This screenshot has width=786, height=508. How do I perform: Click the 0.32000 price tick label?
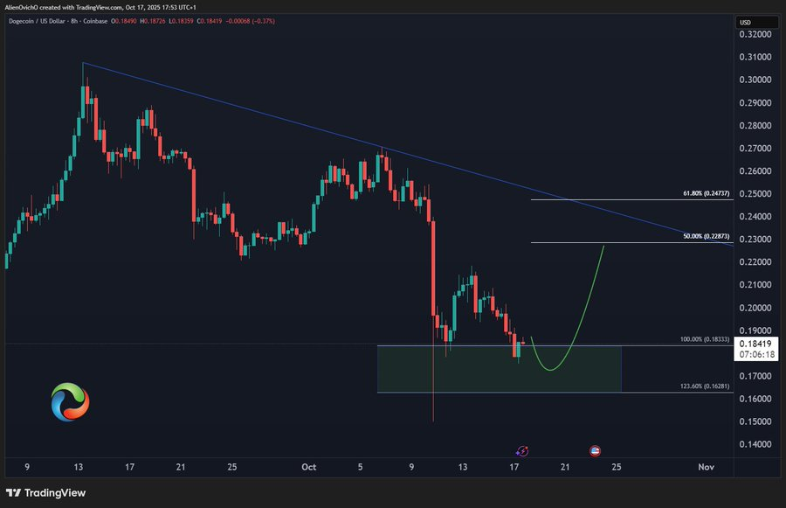point(755,34)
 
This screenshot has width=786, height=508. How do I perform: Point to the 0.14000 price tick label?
point(755,444)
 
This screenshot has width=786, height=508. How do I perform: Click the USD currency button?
point(745,22)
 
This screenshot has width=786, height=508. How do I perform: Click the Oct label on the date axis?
point(308,467)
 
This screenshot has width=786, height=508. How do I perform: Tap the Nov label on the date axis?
point(707,467)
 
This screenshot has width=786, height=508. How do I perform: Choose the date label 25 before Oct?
point(231,467)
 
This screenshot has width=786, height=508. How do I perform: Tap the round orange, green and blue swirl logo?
point(70,400)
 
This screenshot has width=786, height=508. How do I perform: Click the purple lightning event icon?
point(522,450)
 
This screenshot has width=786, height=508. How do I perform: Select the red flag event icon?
point(595,450)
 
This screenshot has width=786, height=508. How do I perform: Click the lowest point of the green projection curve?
point(550,369)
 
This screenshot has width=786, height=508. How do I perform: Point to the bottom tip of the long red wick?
point(433,422)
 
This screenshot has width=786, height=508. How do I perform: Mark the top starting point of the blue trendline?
point(83,63)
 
